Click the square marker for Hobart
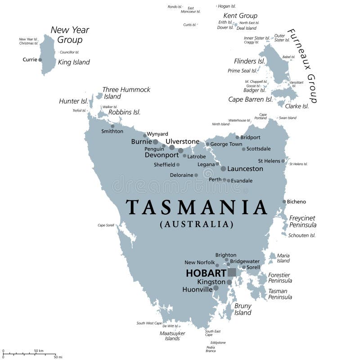point(232,272)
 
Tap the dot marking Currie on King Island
point(40,59)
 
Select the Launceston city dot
point(223,169)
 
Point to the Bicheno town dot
point(284,202)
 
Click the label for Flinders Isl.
point(249,61)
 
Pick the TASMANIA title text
point(197,207)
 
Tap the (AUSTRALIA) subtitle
point(197,224)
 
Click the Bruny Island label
point(243,309)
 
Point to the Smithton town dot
point(112,126)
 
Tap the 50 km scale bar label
point(39,351)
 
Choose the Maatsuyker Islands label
point(172,336)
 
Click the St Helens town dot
point(283,161)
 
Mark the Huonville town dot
point(216,288)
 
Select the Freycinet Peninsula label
point(302,221)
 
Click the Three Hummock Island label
point(126,93)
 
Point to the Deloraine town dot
point(196,175)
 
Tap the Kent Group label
point(240,16)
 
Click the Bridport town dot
point(237,137)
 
